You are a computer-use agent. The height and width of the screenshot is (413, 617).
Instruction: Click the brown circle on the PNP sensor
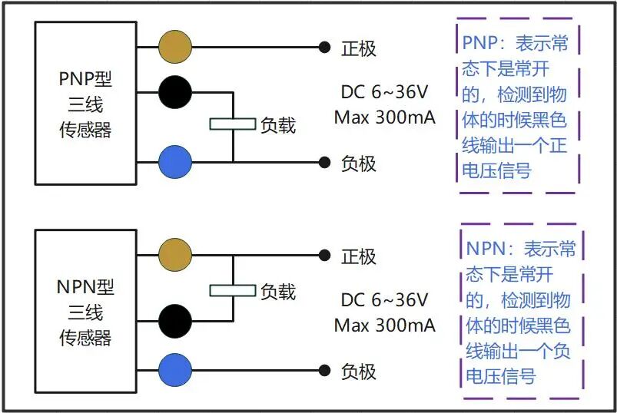175,48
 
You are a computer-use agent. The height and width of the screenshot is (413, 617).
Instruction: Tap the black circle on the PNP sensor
175,93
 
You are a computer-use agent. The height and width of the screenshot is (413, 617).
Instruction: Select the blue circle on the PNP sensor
175,162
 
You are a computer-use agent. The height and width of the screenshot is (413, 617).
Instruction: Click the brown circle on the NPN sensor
175,255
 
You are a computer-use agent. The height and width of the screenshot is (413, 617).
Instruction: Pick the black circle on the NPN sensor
175,319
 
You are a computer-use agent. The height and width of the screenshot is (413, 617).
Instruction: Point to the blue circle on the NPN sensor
175,371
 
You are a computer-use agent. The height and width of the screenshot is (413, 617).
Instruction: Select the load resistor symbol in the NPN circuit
233,290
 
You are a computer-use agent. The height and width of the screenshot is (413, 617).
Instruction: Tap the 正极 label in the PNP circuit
359,48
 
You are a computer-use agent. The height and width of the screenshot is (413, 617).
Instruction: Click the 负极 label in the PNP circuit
359,163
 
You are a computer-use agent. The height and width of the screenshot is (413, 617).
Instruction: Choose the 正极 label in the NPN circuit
359,256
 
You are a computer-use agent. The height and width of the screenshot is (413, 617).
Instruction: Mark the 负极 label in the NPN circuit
359,372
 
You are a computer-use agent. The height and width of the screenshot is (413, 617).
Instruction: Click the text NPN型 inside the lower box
86,288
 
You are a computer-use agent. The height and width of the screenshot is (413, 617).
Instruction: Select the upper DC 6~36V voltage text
384,92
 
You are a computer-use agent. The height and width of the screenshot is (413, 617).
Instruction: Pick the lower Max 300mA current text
384,325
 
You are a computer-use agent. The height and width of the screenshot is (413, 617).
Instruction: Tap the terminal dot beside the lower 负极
325,371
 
